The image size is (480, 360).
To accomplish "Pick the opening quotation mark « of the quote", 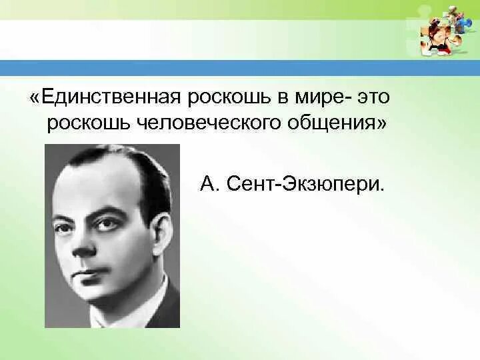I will tap(34, 98).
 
